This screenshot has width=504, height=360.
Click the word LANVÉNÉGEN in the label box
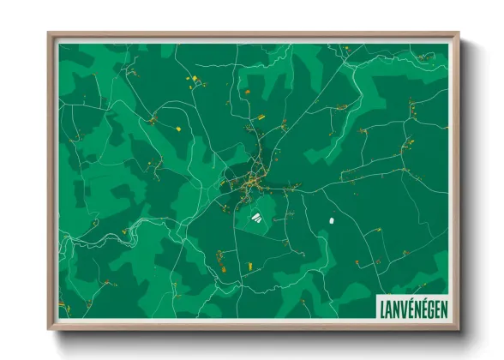(x=412, y=307)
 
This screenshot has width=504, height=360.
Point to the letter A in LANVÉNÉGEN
(x=387, y=307)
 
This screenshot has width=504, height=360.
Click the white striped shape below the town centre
(x=256, y=218)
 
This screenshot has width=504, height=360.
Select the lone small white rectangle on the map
(x=330, y=221)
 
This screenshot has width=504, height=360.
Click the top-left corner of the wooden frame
(x=49, y=34)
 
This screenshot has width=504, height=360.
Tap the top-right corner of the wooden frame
(x=458, y=34)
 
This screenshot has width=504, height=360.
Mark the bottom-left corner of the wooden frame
(x=49, y=328)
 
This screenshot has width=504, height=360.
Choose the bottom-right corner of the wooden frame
(x=458, y=328)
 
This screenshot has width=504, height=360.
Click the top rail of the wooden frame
(x=253, y=35)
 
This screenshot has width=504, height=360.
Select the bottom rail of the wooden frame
(x=253, y=327)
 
